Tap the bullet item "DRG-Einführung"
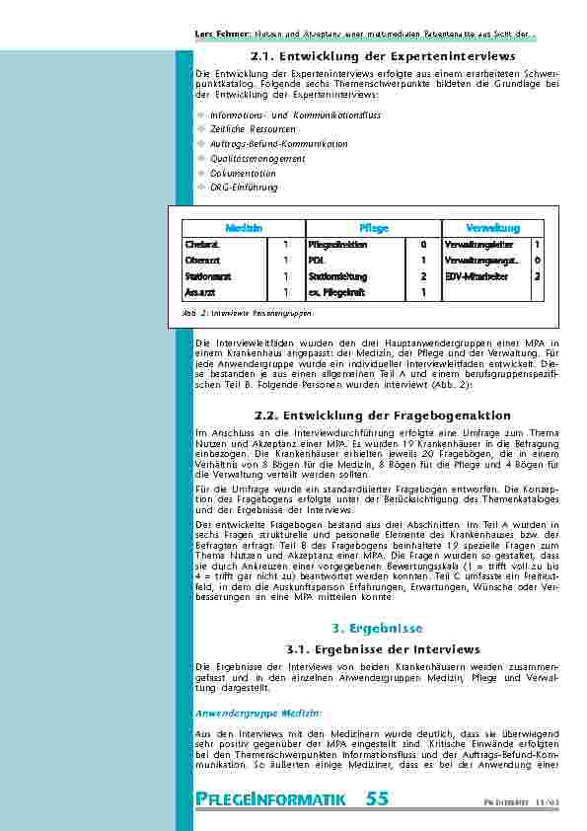click(x=244, y=188)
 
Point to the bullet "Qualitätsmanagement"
click(x=257, y=159)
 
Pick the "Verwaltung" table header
click(x=493, y=228)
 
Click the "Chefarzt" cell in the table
click(x=202, y=244)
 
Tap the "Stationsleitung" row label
click(x=337, y=277)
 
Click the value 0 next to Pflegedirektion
click(x=423, y=244)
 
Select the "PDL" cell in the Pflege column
click(x=317, y=261)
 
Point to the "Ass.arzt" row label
click(x=200, y=293)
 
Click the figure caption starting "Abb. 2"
click(x=248, y=313)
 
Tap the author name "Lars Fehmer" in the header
click(x=217, y=37)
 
